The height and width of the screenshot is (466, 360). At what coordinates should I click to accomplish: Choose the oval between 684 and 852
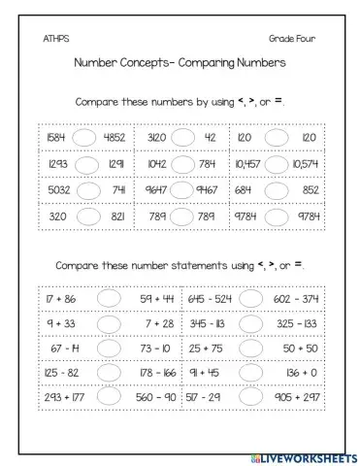click(278, 190)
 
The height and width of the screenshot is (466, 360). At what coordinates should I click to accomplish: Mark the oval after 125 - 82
click(108, 372)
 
